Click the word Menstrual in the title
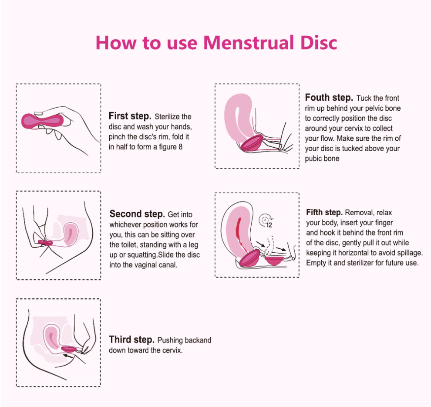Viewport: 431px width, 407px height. click(x=249, y=43)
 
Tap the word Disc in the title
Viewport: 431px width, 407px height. click(x=319, y=43)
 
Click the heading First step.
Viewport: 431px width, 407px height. click(x=130, y=116)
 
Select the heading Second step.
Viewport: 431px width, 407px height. click(x=137, y=214)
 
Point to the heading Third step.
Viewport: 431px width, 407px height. click(x=131, y=339)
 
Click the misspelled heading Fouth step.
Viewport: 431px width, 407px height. click(x=329, y=98)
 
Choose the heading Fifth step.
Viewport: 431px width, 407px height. click(x=324, y=213)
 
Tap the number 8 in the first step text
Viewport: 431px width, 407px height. click(x=180, y=147)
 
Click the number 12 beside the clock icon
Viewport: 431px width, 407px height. click(x=269, y=225)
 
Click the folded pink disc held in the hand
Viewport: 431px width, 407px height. click(x=43, y=121)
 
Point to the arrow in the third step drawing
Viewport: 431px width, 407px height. click(x=68, y=356)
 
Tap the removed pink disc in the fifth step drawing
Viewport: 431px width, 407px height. click(x=274, y=261)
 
